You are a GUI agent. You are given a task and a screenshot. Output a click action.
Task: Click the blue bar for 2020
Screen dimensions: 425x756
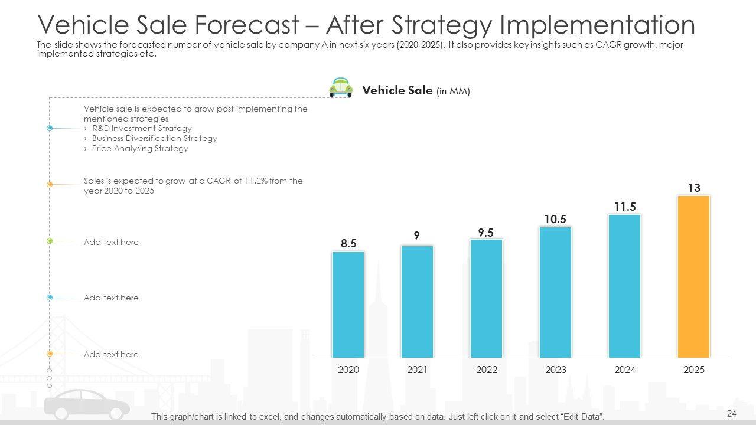[x=348, y=305]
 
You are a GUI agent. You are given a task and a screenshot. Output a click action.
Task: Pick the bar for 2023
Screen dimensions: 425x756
[x=555, y=292]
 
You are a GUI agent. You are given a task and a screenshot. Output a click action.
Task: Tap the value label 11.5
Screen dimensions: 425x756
[x=624, y=207]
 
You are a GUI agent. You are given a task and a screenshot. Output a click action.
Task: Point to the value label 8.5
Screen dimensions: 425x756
[x=348, y=243]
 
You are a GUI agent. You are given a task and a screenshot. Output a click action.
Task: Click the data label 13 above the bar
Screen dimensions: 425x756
[x=694, y=188]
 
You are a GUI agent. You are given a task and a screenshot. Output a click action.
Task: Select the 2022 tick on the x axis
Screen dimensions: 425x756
[x=486, y=370]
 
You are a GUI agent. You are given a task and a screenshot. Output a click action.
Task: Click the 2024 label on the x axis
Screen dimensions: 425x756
[x=624, y=370]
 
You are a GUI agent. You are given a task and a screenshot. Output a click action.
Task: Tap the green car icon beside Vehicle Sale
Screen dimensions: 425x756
[x=341, y=88]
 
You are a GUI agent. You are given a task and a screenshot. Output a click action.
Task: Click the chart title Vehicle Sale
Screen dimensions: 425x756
[x=397, y=90]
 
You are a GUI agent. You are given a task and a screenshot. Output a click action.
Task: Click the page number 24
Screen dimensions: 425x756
[x=732, y=414]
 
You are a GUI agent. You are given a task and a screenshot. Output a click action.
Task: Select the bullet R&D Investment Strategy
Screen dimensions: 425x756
[x=142, y=128]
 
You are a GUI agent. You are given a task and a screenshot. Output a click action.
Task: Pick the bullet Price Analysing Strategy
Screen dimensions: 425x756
[x=140, y=148]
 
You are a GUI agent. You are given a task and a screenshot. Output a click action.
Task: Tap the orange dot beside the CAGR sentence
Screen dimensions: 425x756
[x=50, y=185]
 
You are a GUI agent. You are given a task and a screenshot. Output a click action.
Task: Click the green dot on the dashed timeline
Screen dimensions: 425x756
[x=50, y=241]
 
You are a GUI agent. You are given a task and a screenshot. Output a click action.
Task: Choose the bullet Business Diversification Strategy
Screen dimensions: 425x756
[x=154, y=138]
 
